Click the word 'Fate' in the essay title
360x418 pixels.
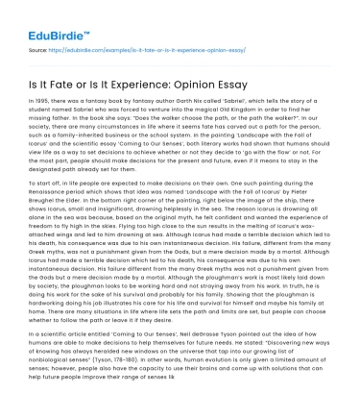click(x=60, y=75)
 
